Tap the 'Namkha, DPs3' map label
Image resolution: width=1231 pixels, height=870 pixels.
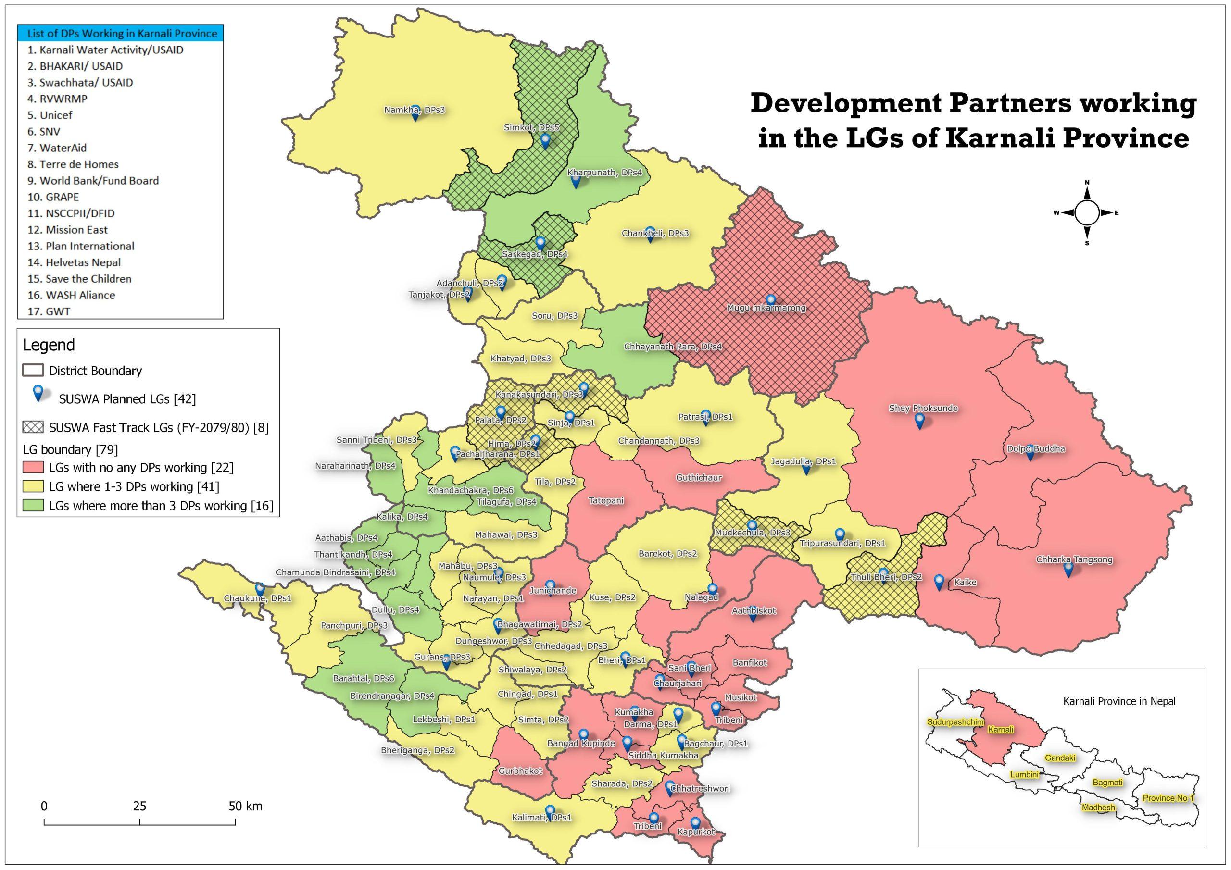(x=415, y=110)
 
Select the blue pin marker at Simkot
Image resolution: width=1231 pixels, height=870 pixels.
(x=545, y=141)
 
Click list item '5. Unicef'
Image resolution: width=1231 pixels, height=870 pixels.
(x=50, y=115)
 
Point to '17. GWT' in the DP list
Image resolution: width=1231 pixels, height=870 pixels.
(x=49, y=311)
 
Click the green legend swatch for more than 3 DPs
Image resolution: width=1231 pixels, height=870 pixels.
(x=32, y=506)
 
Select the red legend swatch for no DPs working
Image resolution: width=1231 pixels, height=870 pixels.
(x=32, y=467)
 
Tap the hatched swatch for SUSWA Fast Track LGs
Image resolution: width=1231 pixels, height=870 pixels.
(x=32, y=427)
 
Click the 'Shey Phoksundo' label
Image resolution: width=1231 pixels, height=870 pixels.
(x=923, y=408)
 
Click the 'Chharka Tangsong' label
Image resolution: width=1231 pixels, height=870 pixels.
(x=1074, y=559)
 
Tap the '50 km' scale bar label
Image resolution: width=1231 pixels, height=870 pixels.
(x=245, y=806)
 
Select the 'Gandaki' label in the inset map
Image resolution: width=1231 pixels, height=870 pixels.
(x=1060, y=758)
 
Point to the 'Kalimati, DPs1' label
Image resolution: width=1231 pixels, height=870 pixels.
(x=541, y=818)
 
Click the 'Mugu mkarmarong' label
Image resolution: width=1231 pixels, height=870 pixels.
(x=766, y=308)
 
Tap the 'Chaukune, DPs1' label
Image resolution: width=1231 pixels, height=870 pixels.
(x=257, y=598)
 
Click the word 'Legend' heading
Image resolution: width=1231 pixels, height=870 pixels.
(x=49, y=345)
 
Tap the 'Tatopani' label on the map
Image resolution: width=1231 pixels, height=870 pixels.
(x=606, y=500)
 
